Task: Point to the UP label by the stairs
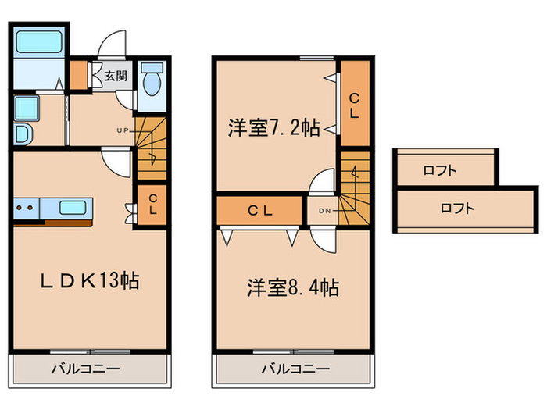tap(123, 130)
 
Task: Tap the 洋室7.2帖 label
tap(273, 128)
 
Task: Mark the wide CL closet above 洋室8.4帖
tap(259, 209)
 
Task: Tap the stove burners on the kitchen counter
tap(26, 208)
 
